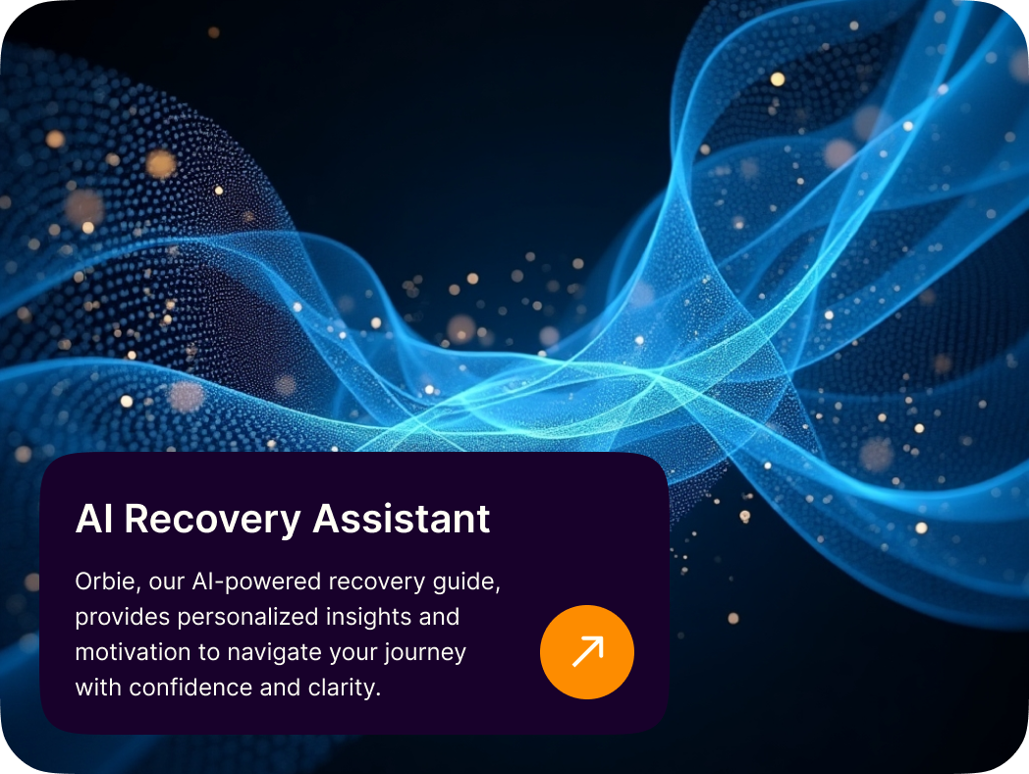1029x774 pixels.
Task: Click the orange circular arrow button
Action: point(587,652)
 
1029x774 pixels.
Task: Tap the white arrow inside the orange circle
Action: point(587,651)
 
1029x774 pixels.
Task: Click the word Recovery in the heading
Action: point(212,520)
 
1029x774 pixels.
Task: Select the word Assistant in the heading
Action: point(401,519)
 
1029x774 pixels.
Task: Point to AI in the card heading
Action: point(94,519)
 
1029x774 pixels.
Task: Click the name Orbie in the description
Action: point(105,581)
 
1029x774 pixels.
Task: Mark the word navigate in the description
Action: point(274,653)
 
